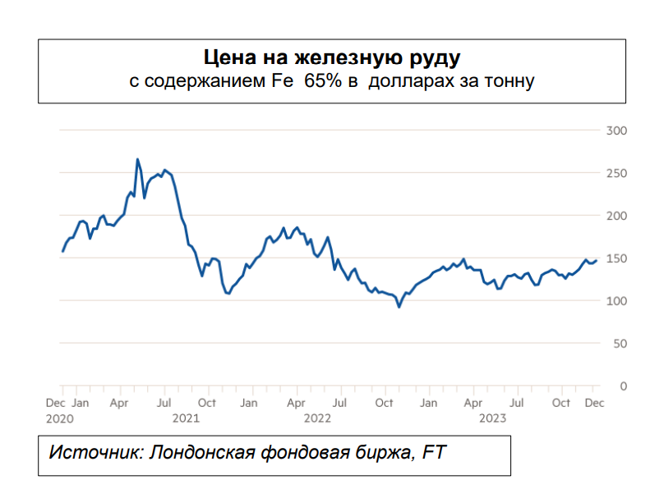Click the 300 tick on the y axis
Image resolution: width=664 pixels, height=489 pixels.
coord(616,130)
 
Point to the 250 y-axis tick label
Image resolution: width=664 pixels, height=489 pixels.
coord(616,173)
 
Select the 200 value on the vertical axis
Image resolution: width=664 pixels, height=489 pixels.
coord(616,216)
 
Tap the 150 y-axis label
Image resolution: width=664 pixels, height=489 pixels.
coord(616,258)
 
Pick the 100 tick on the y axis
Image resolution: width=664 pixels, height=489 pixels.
coord(616,301)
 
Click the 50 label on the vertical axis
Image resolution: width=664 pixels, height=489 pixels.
coord(620,343)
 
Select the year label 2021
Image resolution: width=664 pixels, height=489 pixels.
coord(187,418)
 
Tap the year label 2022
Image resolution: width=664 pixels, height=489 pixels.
coord(317,418)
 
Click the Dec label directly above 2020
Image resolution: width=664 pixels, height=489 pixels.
coord(55,403)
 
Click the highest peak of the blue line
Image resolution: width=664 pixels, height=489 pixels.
coord(137,159)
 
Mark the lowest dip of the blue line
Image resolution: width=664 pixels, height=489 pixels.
coord(399,307)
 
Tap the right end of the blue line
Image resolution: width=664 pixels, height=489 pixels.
coord(596,260)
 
